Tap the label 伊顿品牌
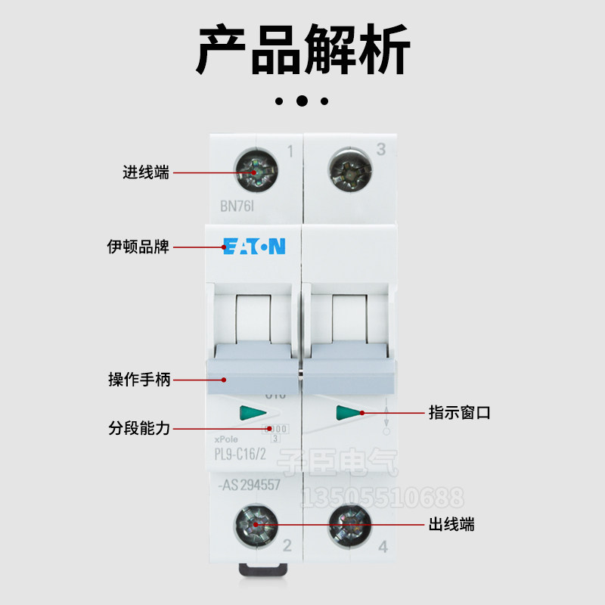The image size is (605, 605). pyautogui.click(x=138, y=247)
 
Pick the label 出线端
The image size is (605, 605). pyautogui.click(x=451, y=523)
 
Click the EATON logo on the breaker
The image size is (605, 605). pyautogui.click(x=254, y=247)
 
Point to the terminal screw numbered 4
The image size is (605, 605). pyautogui.click(x=350, y=523)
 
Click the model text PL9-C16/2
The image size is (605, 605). pyautogui.click(x=245, y=455)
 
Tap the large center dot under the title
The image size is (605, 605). pyautogui.click(x=302, y=101)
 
